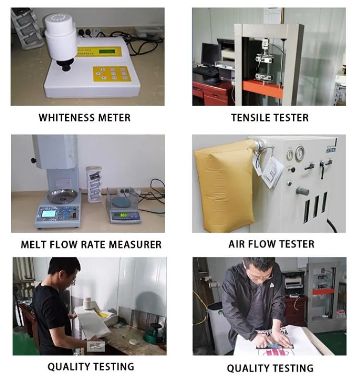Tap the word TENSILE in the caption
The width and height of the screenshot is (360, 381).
[253, 118]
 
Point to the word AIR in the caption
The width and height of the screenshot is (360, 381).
[237, 244]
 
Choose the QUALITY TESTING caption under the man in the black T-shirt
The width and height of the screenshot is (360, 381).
[90, 367]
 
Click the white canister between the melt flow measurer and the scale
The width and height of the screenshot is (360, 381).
[94, 183]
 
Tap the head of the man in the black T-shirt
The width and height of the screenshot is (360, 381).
[63, 272]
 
